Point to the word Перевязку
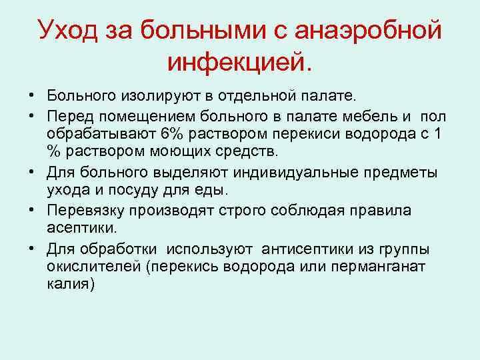[x=83, y=211]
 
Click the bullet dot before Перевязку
[x=33, y=211]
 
